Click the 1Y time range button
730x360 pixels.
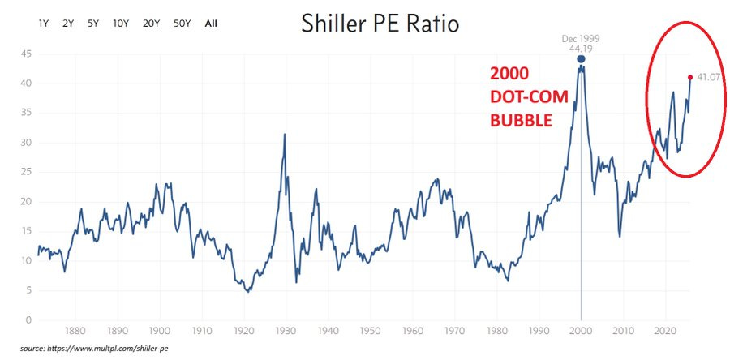click(x=44, y=24)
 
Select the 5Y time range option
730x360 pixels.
click(x=93, y=24)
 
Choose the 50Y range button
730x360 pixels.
click(x=182, y=24)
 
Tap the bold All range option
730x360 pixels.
click(x=211, y=24)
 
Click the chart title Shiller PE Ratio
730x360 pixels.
click(x=380, y=24)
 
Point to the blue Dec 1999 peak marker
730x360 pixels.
click(x=581, y=59)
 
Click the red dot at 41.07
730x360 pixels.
click(x=690, y=77)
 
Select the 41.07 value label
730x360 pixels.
click(x=708, y=78)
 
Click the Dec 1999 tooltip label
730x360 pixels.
click(x=581, y=38)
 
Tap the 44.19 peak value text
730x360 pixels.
click(x=581, y=49)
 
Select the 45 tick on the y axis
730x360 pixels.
click(x=26, y=54)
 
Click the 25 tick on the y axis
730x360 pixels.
click(x=26, y=172)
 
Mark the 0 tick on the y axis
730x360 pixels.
click(x=29, y=320)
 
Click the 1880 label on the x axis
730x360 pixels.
click(x=75, y=331)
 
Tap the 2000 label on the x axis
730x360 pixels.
click(x=581, y=331)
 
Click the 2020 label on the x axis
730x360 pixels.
click(x=665, y=331)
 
